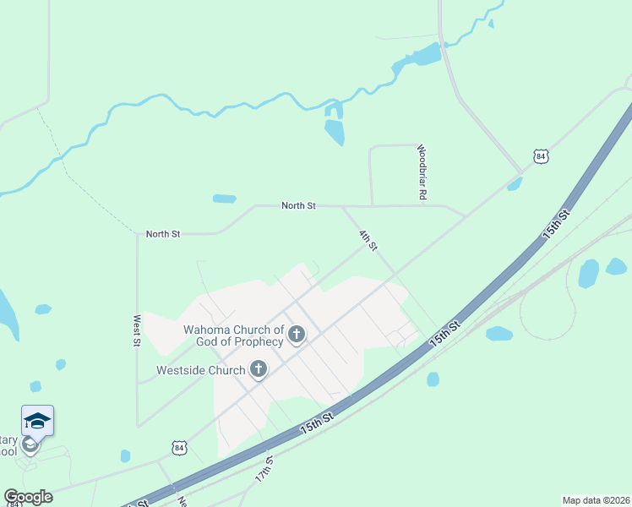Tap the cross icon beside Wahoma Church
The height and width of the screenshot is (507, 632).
pos(296,335)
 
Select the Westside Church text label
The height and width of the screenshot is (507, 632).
pos(200,370)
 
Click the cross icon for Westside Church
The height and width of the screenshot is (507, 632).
pos(259,369)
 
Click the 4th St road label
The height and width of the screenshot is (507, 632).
pos(368,240)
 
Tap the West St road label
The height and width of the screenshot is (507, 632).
pos(136,330)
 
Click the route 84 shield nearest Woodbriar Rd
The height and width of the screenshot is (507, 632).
pos(541,156)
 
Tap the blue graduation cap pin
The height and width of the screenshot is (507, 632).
pos(37,420)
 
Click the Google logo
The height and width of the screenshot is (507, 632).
pos(28,497)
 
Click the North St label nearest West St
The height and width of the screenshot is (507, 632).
pos(163,234)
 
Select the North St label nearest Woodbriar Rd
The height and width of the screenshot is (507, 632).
pos(298,205)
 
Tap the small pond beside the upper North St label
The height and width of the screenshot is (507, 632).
pos(224,199)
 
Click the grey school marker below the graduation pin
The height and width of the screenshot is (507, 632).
pos(30,444)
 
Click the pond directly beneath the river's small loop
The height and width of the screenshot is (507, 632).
pos(335,132)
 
